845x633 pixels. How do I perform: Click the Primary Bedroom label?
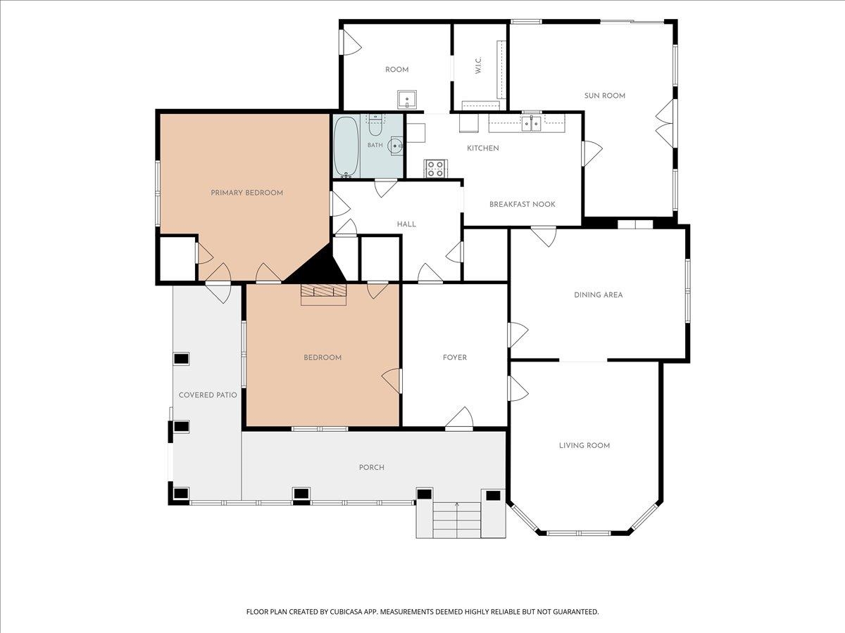(246, 193)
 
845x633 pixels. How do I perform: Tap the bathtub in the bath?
(346, 146)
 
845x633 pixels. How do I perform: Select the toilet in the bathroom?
(375, 125)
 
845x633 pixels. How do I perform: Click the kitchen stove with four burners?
(436, 169)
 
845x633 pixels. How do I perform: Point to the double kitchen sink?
(532, 124)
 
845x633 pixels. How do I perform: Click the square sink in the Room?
(407, 100)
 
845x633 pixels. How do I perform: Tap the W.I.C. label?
(478, 65)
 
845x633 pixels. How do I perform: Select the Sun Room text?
(605, 96)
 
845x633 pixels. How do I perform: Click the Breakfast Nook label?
(522, 204)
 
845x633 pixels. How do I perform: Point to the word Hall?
(406, 224)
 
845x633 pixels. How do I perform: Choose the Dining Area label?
(599, 295)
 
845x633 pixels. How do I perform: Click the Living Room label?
(584, 445)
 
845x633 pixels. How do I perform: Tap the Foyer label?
(455, 357)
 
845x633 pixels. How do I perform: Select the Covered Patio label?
(208, 395)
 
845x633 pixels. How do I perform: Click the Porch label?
(372, 467)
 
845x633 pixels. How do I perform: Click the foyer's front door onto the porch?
(459, 418)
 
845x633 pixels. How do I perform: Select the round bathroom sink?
(396, 146)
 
